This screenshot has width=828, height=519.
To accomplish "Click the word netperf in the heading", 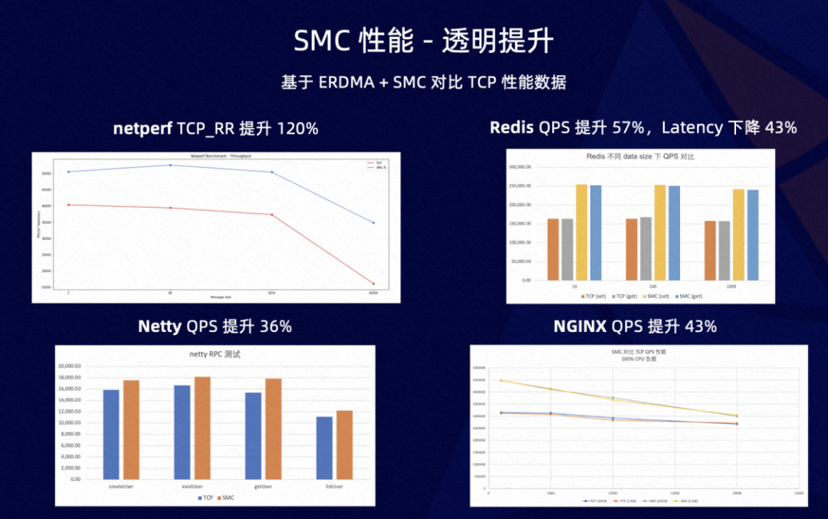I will click(143, 129).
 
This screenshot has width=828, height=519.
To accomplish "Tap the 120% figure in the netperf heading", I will click(297, 129).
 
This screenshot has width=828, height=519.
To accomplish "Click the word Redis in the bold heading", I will click(511, 127).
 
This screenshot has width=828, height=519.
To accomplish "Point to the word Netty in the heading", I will click(159, 327).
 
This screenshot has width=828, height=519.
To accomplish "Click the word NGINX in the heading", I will click(580, 327).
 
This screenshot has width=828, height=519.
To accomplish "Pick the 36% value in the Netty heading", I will click(276, 327).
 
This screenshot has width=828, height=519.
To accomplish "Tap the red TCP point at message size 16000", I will click(373, 284).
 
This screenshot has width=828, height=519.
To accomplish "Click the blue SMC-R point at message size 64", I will click(170, 165).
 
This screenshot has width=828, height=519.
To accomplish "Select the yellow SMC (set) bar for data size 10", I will click(582, 232).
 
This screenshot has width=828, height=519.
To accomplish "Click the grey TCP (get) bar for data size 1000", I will click(724, 251).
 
